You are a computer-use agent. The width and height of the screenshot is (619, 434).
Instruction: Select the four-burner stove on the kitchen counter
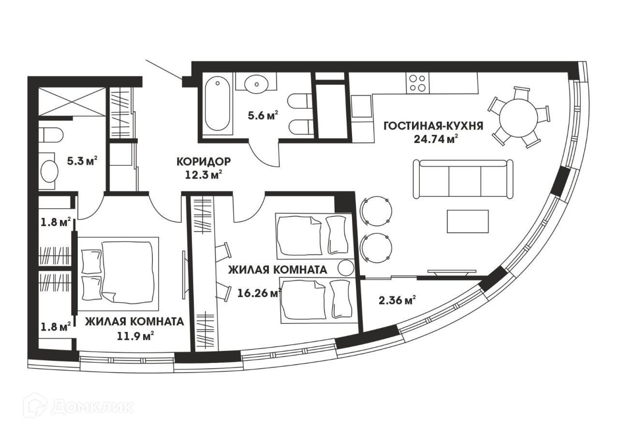(417, 83)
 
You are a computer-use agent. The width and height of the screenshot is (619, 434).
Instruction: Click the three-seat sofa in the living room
(463, 179)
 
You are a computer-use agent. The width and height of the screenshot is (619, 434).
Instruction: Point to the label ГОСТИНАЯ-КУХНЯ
(434, 126)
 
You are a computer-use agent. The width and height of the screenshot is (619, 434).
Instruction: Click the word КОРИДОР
(204, 161)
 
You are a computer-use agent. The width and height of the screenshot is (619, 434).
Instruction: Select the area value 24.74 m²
(434, 139)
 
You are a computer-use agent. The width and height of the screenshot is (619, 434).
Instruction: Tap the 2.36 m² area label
(397, 301)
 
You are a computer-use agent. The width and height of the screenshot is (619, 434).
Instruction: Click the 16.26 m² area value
(260, 293)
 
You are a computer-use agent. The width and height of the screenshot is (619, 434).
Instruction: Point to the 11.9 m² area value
(135, 336)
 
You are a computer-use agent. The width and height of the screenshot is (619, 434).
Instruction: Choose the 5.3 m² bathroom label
(82, 161)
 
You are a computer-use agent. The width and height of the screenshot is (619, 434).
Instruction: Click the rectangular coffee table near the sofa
(468, 221)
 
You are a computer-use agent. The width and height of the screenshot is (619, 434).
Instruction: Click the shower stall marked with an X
(72, 101)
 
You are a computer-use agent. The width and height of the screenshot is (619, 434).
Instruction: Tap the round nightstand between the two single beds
(346, 268)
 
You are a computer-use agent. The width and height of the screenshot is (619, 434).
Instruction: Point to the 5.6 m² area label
(263, 116)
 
